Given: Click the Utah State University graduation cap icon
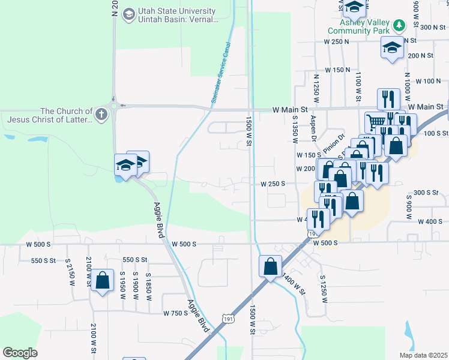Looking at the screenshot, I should pos(128,14).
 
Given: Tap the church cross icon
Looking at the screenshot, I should pos(101,113).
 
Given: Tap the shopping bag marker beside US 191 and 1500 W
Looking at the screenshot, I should pos(271,265).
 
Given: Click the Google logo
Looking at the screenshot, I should pos(20,353).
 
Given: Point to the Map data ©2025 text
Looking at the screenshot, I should pos(423,355).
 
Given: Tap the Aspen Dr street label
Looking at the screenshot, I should pos(313,129).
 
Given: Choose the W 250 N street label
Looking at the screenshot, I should pos(336,41).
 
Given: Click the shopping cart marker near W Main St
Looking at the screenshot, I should pos(376,121).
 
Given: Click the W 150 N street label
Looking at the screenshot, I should pos(337,70).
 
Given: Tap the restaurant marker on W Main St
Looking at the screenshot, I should pos(388,98).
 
